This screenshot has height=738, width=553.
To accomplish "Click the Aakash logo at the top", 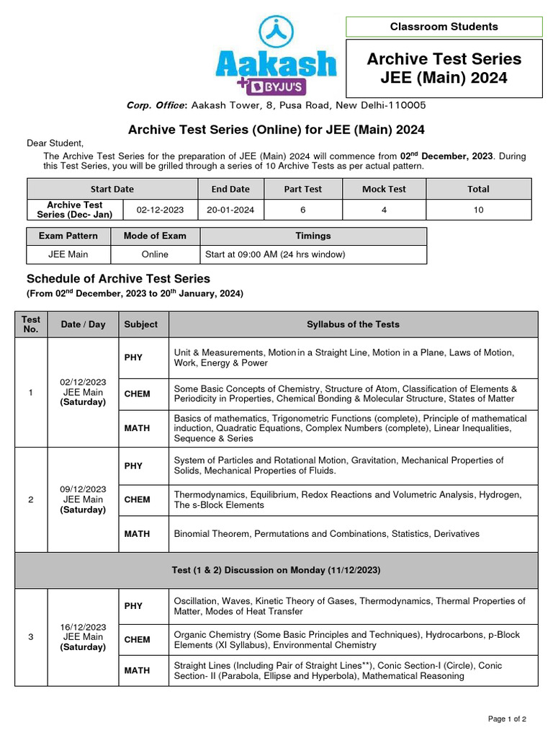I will pos(276,56).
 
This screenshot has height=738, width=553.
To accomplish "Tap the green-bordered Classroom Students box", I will pos(444,27).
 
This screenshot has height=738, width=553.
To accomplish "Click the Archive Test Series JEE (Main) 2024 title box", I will pos(444,68).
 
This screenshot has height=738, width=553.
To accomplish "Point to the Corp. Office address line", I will pos(276,105).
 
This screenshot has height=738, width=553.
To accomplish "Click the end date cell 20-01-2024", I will pos(230,210).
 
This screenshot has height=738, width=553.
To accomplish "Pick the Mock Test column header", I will pos(384,189).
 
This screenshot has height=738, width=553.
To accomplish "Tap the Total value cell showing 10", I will pos(478,210).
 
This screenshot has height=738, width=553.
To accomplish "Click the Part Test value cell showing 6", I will pos(302,210).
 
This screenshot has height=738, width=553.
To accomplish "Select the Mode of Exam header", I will pos(155,236).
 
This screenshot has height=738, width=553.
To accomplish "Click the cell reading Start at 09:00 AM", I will pos(313,254).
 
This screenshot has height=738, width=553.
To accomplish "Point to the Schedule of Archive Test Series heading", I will pos(118,279).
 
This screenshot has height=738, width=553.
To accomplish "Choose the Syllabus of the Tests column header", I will pos(353,324).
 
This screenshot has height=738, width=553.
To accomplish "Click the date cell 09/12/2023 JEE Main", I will pos(83,499).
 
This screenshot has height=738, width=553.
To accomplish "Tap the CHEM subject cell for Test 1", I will pos(137,394).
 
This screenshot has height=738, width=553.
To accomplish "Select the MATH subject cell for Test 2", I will pos(137,534).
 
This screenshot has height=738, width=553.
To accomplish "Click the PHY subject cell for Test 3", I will pos(134,606).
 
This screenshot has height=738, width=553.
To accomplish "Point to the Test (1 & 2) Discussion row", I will pos(276,570).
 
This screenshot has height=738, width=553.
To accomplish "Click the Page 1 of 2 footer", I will pos(507,719).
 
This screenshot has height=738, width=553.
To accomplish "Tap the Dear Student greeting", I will pos(55,143).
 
